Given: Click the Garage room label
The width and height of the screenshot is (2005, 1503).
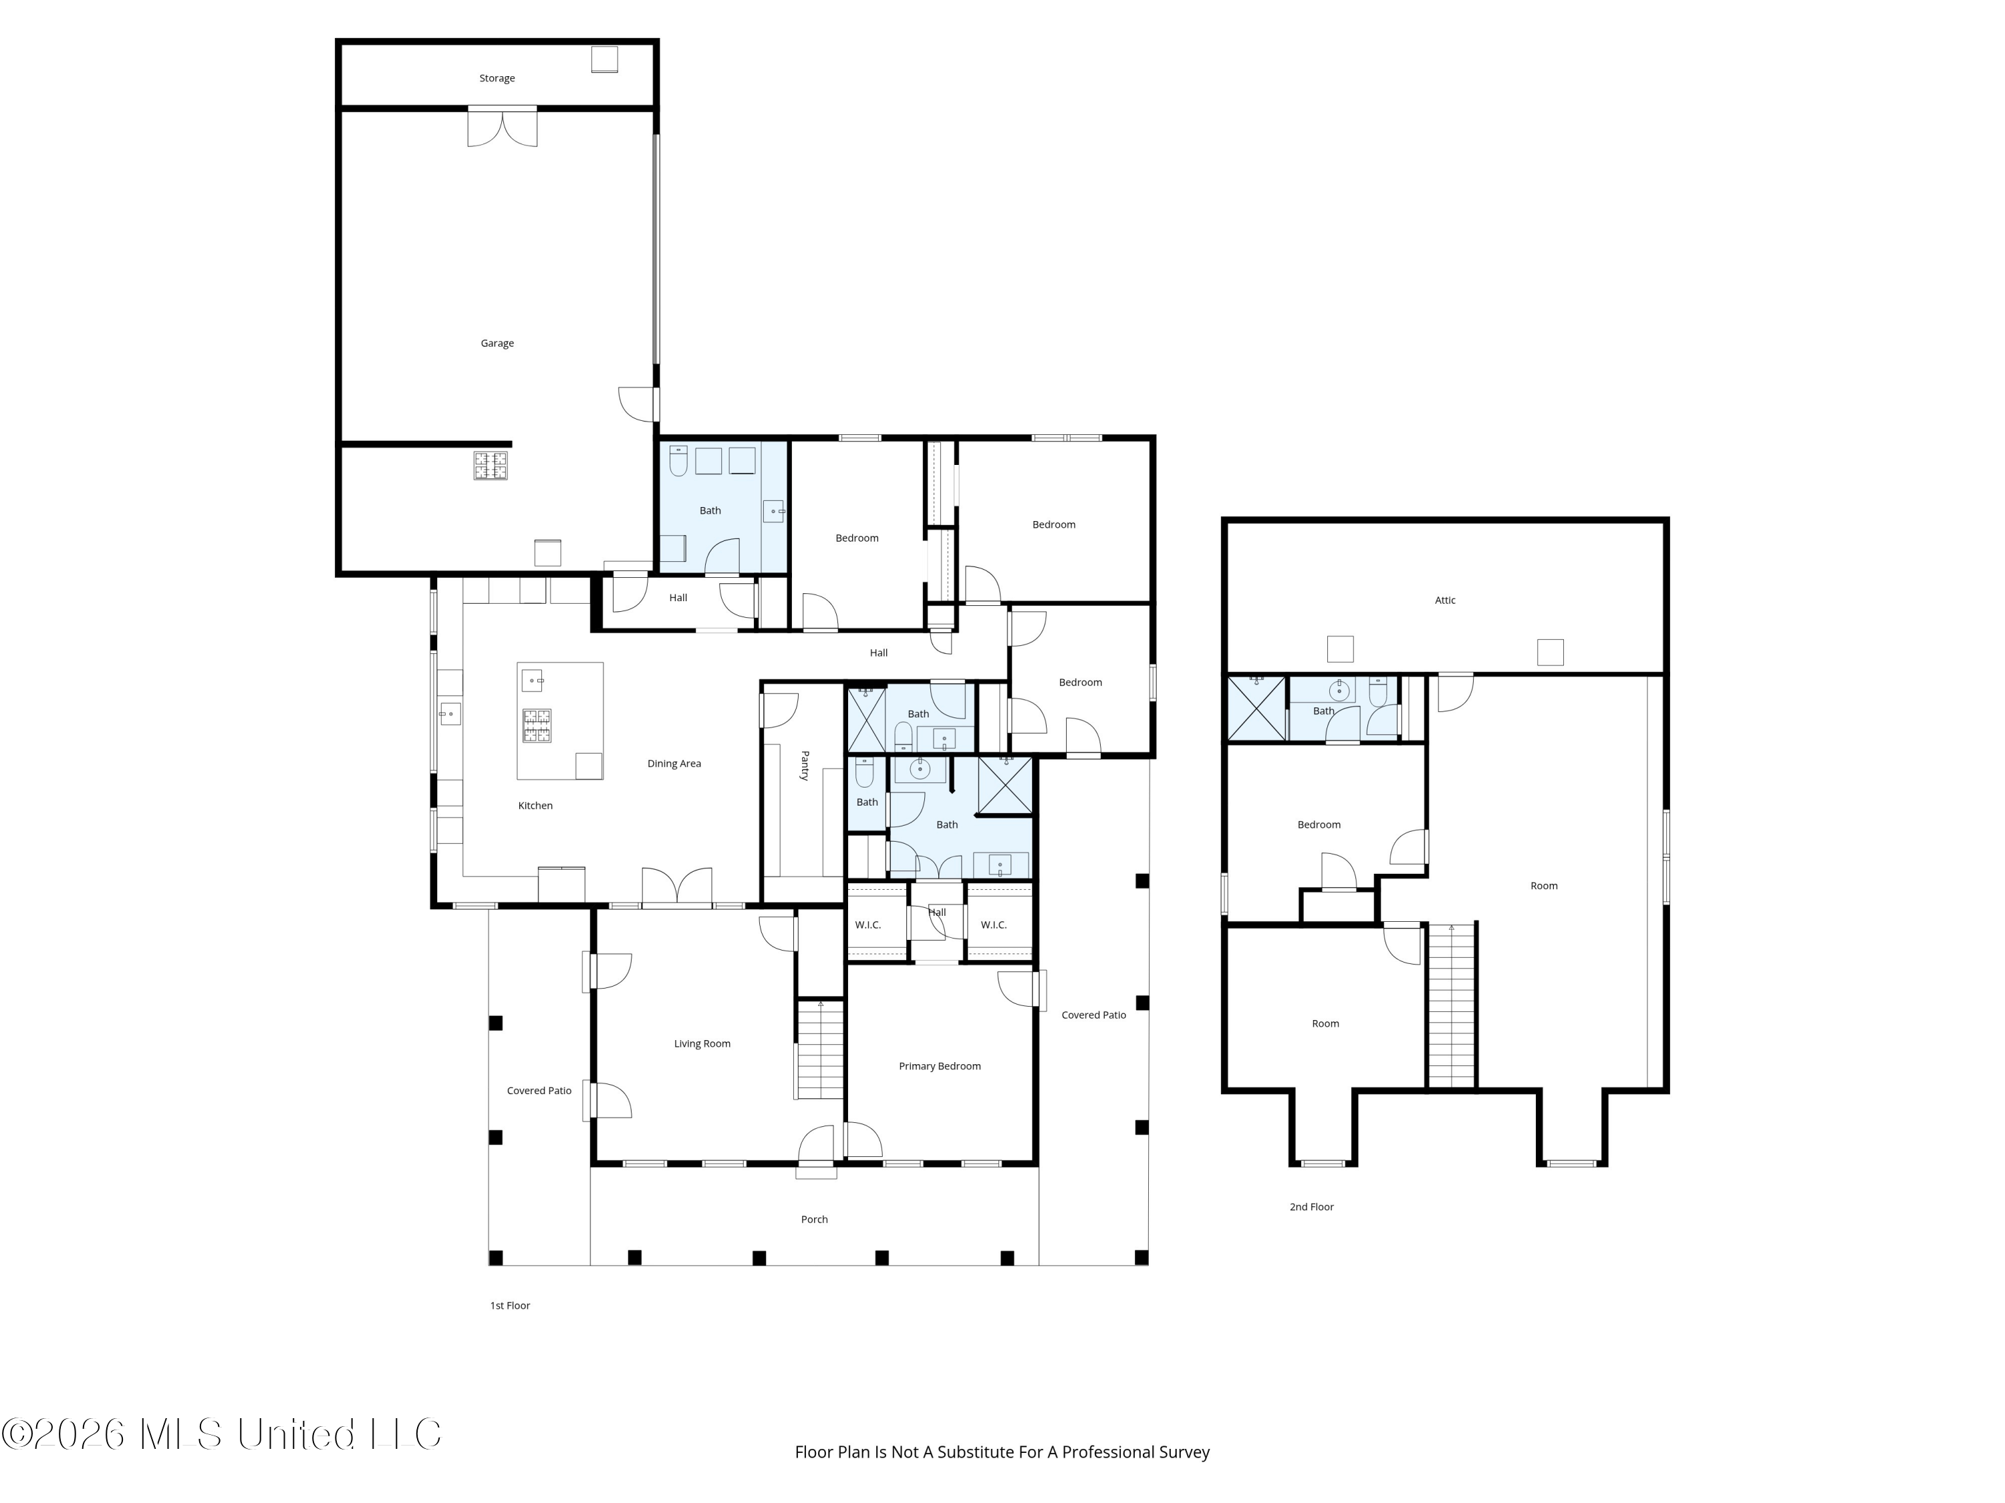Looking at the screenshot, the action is pyautogui.click(x=497, y=343).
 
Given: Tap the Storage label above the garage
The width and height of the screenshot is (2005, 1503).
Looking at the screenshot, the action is pyautogui.click(x=497, y=79).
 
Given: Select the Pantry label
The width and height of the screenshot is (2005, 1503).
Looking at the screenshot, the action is pyautogui.click(x=805, y=766).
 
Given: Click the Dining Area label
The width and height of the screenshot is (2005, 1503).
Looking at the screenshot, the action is pyautogui.click(x=674, y=764).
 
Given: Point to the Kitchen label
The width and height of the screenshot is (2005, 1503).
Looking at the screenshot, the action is pyautogui.click(x=535, y=806).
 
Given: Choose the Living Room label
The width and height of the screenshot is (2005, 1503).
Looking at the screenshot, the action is pyautogui.click(x=702, y=1043).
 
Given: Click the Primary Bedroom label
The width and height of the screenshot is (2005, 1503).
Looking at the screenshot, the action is pyautogui.click(x=939, y=1066).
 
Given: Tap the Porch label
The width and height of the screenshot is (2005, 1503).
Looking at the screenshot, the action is pyautogui.click(x=814, y=1219).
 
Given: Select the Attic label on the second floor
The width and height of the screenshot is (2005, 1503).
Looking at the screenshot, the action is pyautogui.click(x=1445, y=600).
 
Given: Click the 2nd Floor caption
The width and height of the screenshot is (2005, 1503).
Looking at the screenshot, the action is pyautogui.click(x=1311, y=1207).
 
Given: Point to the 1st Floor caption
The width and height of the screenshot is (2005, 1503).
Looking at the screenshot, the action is pyautogui.click(x=509, y=1305).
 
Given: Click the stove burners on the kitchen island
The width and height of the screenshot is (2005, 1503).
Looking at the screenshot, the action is pyautogui.click(x=537, y=725).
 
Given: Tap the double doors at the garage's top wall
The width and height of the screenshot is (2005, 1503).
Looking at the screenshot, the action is pyautogui.click(x=502, y=127).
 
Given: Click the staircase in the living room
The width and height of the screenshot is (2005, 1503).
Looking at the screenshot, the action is pyautogui.click(x=820, y=1049).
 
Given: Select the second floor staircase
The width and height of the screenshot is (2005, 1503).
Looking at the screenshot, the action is pyautogui.click(x=1452, y=1005).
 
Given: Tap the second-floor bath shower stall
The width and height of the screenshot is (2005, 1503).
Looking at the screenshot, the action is pyautogui.click(x=1256, y=709).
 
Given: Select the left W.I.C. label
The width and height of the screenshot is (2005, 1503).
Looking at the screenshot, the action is pyautogui.click(x=867, y=925).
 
